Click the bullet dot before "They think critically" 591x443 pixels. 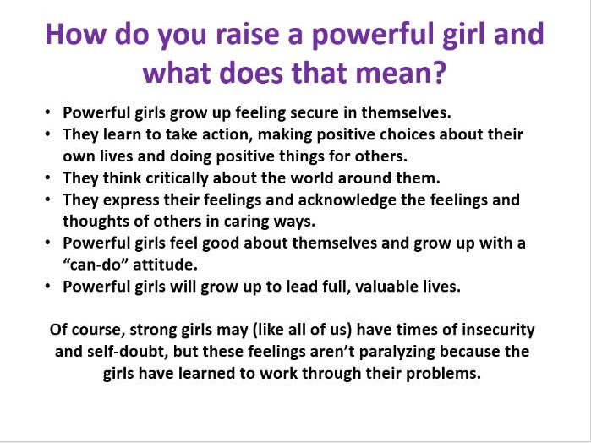tap(47, 178)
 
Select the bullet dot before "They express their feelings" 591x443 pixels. tap(47, 200)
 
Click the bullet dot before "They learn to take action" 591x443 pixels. tap(47, 134)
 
